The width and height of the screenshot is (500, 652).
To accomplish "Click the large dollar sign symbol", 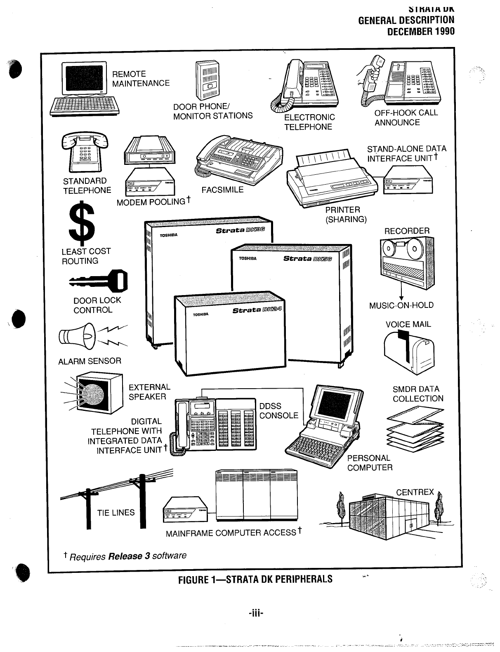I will coord(83,223).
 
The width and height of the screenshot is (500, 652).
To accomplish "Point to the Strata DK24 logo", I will coord(257,310).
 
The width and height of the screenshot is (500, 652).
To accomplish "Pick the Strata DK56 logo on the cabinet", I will coord(310,259).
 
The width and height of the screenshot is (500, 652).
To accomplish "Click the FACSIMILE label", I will coord(222,190).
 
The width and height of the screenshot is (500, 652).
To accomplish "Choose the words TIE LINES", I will coord(116,513).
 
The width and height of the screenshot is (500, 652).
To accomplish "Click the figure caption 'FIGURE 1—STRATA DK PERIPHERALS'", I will coord(255,579).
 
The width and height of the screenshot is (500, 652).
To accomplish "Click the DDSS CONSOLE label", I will coord(278,411).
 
